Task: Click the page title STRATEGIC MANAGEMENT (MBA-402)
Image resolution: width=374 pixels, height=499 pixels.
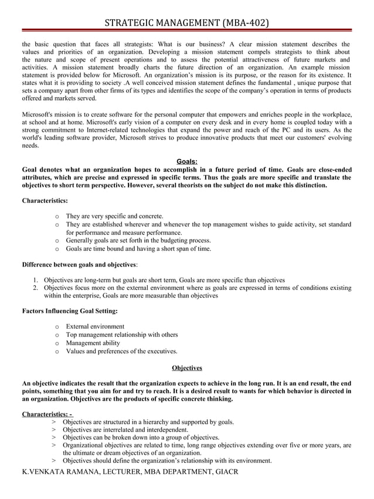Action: (187, 23)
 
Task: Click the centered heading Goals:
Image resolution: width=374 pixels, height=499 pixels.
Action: (187, 162)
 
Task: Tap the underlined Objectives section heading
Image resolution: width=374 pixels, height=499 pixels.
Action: (187, 368)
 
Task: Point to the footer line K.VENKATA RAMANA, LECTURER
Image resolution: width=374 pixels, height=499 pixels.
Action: (130, 471)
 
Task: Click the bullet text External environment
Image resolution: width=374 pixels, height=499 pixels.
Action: (95, 326)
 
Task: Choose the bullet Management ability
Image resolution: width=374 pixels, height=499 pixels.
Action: (93, 343)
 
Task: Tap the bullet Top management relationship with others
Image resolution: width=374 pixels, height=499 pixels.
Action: (122, 334)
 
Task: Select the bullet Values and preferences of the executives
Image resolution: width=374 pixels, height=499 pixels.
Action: (121, 351)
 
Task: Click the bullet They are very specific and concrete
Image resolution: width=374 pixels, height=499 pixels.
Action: (114, 216)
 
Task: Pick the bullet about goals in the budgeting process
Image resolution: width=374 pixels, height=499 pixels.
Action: (138, 240)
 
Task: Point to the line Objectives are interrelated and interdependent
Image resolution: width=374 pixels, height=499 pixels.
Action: (125, 429)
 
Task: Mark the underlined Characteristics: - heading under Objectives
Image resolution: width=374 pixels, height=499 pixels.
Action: (47, 414)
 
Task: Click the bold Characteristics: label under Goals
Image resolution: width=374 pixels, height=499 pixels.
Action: (45, 201)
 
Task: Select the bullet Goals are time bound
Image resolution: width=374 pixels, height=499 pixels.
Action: (138, 248)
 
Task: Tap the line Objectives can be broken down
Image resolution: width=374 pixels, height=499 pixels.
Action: (141, 437)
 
